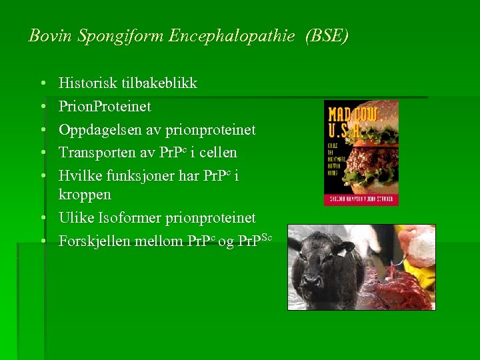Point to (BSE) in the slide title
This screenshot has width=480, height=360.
[x=326, y=36]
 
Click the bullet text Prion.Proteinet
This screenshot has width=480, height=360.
[x=105, y=106]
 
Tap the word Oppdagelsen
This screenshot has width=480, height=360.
[x=100, y=129]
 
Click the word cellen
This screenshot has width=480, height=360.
[x=218, y=152]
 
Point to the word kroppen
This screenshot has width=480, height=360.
[x=85, y=195]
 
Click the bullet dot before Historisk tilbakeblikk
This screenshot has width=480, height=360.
[x=42, y=84]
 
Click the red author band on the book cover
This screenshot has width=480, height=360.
[x=361, y=199]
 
